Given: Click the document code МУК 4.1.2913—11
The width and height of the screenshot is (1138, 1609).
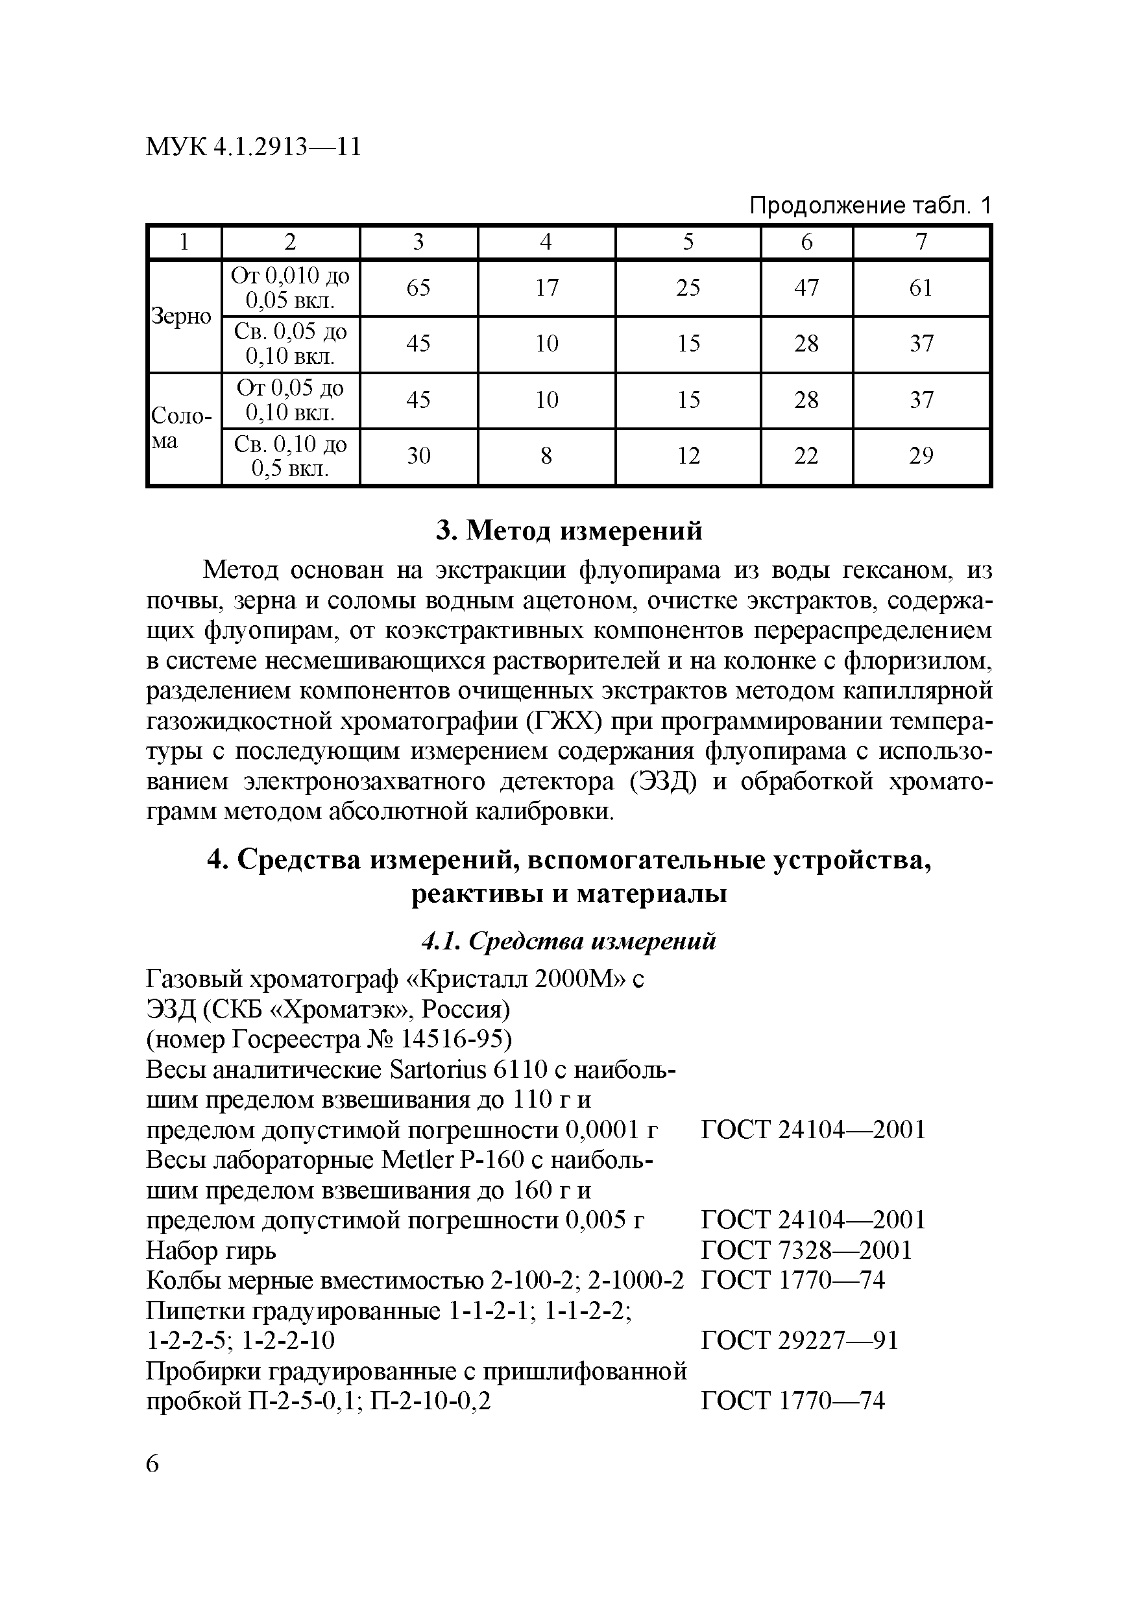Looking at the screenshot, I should [x=253, y=147].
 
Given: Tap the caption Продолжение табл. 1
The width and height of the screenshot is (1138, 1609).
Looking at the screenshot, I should [x=870, y=206].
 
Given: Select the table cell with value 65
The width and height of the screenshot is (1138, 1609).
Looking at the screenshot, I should [x=418, y=288].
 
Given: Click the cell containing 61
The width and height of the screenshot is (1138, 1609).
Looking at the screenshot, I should [x=921, y=288].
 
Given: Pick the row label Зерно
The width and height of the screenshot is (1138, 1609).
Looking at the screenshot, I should [x=182, y=316].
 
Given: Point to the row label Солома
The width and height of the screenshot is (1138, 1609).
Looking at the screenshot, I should [x=182, y=427].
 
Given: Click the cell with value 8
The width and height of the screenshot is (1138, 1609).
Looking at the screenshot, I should [x=546, y=456].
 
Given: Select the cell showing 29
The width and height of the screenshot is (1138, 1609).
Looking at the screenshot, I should [x=921, y=456].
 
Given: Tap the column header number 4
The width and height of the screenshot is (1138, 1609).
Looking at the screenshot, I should [x=546, y=242].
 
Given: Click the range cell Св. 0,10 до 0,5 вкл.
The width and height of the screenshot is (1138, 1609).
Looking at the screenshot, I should [x=290, y=456].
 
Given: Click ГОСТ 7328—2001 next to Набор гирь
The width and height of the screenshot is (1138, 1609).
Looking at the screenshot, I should [x=806, y=1250].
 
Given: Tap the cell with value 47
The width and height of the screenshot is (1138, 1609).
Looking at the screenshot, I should [x=806, y=288].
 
